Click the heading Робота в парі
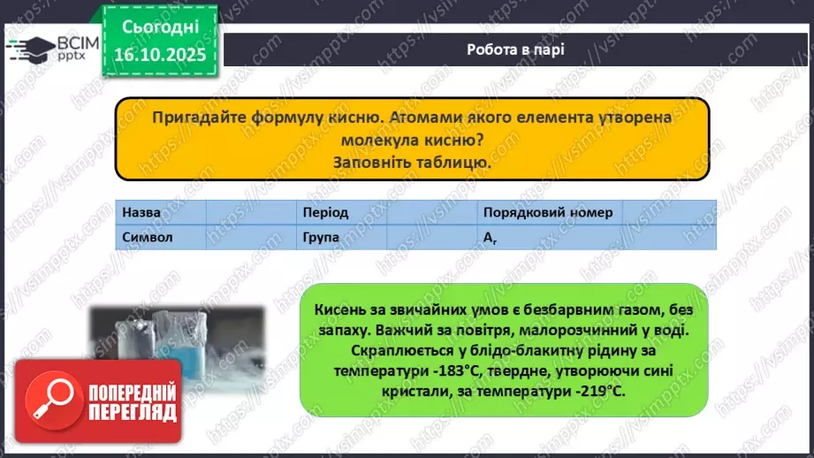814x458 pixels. click(x=516, y=49)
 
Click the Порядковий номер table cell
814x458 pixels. click(x=548, y=213)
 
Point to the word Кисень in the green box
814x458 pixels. click(x=337, y=308)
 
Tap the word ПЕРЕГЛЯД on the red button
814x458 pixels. click(x=132, y=412)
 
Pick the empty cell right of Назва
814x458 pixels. click(x=250, y=213)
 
